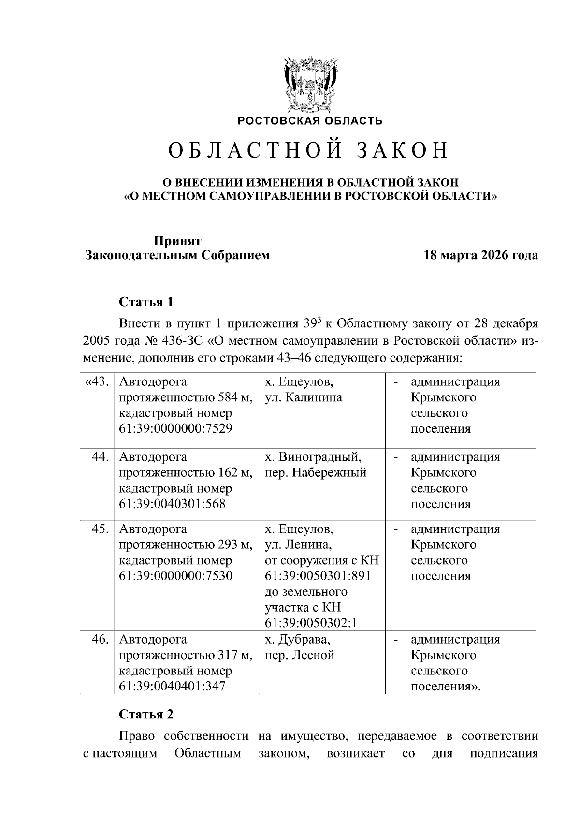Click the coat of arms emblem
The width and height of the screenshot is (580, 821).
[310, 85]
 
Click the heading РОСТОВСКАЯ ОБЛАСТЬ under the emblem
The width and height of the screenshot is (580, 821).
[310, 121]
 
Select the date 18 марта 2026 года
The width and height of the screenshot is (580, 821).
[480, 255]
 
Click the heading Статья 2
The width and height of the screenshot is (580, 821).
[146, 714]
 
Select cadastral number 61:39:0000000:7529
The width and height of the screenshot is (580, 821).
[175, 429]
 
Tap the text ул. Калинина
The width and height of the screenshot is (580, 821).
[303, 397]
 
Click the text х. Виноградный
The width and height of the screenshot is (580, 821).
[313, 456]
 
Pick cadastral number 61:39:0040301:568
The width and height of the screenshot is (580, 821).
[172, 504]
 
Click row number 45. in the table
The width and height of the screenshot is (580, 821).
[100, 528]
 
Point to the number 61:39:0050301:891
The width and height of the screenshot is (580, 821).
[318, 576]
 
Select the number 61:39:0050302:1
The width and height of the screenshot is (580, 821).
[311, 623]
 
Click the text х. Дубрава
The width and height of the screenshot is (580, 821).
[298, 639]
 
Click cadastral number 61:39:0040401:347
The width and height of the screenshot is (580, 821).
[172, 686]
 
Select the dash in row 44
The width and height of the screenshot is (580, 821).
[396, 456]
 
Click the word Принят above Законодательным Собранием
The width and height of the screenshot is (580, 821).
[177, 241]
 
